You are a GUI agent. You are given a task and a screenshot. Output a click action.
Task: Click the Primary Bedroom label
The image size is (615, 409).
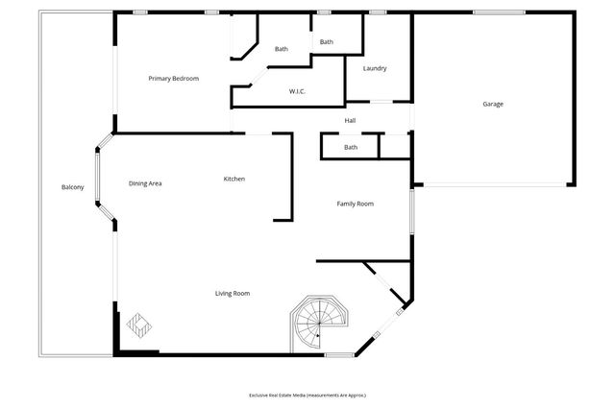(x=173, y=78)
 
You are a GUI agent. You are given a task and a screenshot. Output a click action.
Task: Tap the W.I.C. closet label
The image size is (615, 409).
(x=297, y=91)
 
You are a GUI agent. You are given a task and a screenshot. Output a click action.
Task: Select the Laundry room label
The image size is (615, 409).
(x=375, y=68)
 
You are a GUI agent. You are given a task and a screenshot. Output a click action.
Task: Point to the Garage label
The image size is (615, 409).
(x=492, y=104)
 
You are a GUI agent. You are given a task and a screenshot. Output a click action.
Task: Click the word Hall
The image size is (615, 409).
(x=351, y=120)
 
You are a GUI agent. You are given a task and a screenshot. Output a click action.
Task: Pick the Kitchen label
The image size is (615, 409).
(x=234, y=179)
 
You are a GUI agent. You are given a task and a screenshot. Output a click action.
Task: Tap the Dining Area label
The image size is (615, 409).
(x=145, y=182)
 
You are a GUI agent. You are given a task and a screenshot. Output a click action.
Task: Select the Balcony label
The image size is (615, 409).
(x=72, y=186)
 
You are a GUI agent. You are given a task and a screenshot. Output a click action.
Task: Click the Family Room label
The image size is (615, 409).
(x=355, y=204)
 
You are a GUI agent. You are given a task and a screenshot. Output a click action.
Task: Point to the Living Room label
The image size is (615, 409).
(x=233, y=293)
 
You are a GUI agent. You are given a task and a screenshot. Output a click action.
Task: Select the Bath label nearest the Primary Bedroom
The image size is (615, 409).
(x=282, y=49)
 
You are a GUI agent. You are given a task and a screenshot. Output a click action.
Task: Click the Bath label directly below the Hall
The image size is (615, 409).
(x=351, y=147)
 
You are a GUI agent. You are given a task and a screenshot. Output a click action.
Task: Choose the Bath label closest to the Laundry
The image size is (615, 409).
(x=327, y=41)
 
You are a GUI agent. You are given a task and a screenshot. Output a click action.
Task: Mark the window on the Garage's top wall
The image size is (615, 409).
(x=498, y=12)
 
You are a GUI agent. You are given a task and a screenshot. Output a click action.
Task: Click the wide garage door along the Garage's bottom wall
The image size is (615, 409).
(x=493, y=184)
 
